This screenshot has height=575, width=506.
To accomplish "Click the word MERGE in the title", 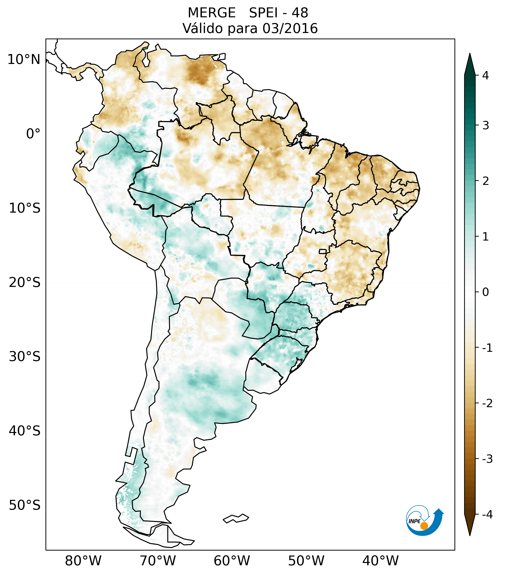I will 212,13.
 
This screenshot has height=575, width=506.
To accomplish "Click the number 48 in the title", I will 300,13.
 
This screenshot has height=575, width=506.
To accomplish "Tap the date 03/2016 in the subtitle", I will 290,28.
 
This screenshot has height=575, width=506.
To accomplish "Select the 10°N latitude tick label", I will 24,60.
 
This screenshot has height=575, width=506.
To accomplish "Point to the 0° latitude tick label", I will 33,134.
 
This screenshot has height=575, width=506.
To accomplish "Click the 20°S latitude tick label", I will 25,283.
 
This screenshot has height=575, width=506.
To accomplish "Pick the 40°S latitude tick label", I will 25,431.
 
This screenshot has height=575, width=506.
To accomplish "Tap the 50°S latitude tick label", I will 25,506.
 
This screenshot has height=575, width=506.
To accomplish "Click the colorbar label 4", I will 485,75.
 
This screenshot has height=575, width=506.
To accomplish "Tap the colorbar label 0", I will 485,292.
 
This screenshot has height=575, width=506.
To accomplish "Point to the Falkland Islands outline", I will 236,518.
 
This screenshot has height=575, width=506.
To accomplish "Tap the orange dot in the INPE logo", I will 424,526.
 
